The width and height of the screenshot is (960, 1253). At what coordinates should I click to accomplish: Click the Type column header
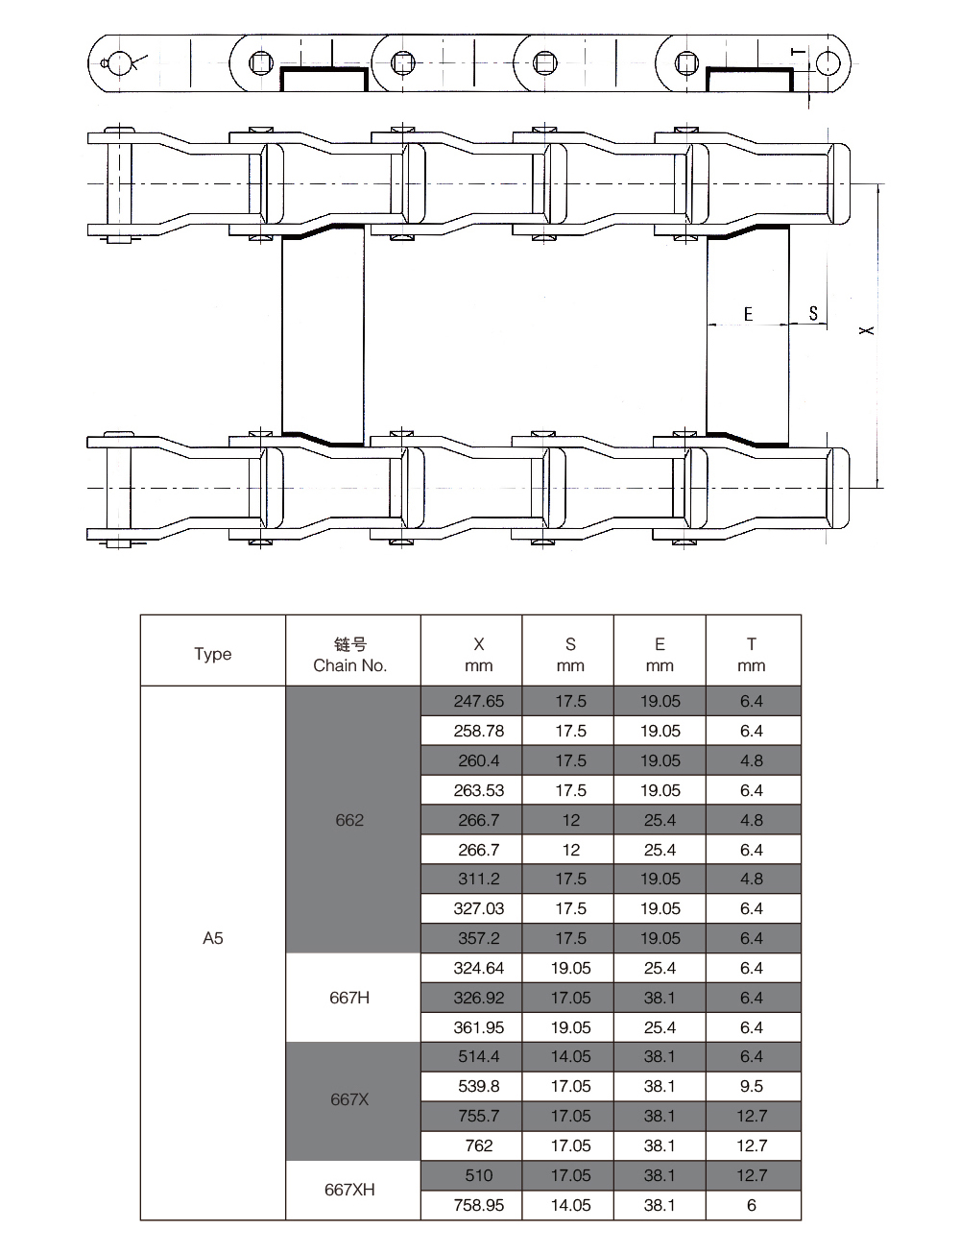click(213, 654)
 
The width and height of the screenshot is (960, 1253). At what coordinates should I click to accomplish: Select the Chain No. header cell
click(350, 655)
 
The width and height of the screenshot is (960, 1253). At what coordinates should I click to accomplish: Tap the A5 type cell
click(213, 938)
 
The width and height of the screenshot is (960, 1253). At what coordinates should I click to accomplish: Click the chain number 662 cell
click(350, 820)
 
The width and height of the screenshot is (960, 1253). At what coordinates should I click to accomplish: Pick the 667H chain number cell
click(350, 998)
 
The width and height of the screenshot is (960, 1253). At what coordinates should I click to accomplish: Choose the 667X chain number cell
click(350, 1099)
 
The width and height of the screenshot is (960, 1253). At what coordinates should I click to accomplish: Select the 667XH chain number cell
click(350, 1190)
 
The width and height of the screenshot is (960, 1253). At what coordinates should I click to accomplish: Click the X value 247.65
click(478, 701)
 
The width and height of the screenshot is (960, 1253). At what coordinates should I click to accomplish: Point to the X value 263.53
click(478, 790)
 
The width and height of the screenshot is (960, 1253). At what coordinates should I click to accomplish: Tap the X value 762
click(478, 1145)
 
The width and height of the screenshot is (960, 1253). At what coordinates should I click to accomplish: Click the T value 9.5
click(752, 1086)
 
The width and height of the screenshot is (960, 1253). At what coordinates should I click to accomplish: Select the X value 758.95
click(478, 1205)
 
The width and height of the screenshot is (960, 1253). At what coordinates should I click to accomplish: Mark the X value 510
click(478, 1175)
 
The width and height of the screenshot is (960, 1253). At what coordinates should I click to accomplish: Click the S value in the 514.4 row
click(571, 1056)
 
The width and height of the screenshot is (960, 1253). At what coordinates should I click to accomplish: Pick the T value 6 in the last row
click(752, 1205)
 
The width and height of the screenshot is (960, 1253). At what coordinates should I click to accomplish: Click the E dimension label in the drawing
click(748, 314)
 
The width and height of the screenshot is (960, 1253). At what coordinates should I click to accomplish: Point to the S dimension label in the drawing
click(813, 313)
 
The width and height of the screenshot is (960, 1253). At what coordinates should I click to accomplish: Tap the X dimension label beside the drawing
click(867, 330)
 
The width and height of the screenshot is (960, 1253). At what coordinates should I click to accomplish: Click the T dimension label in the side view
click(799, 52)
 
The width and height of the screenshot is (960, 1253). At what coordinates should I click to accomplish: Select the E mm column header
click(660, 655)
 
